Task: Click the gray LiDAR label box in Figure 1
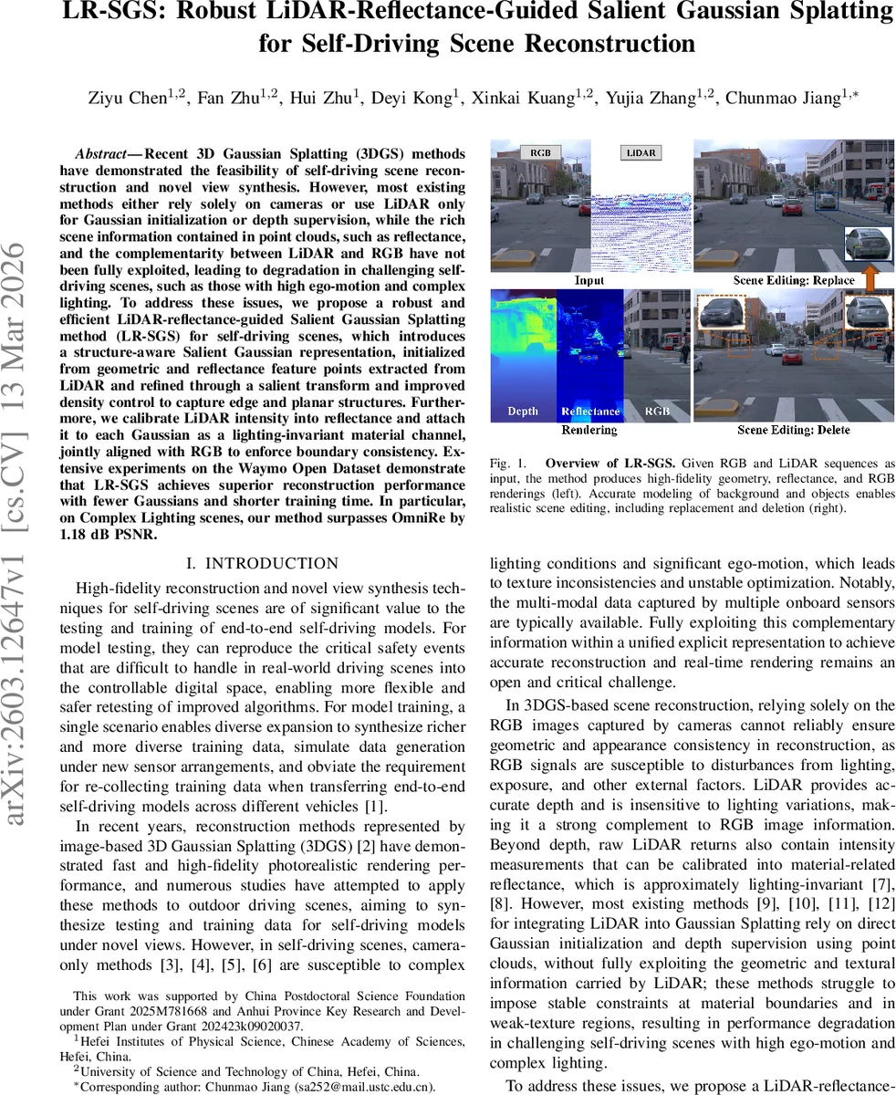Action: [x=641, y=153]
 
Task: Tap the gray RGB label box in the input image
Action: [x=540, y=153]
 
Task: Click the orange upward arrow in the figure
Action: [x=870, y=276]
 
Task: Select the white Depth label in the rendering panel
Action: [x=523, y=412]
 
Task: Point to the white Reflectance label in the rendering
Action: [x=589, y=412]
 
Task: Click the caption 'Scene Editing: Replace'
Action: [x=794, y=280]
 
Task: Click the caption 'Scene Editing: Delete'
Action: [x=794, y=430]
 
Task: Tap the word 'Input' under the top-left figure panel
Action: [x=589, y=280]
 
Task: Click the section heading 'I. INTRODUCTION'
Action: [x=262, y=564]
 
